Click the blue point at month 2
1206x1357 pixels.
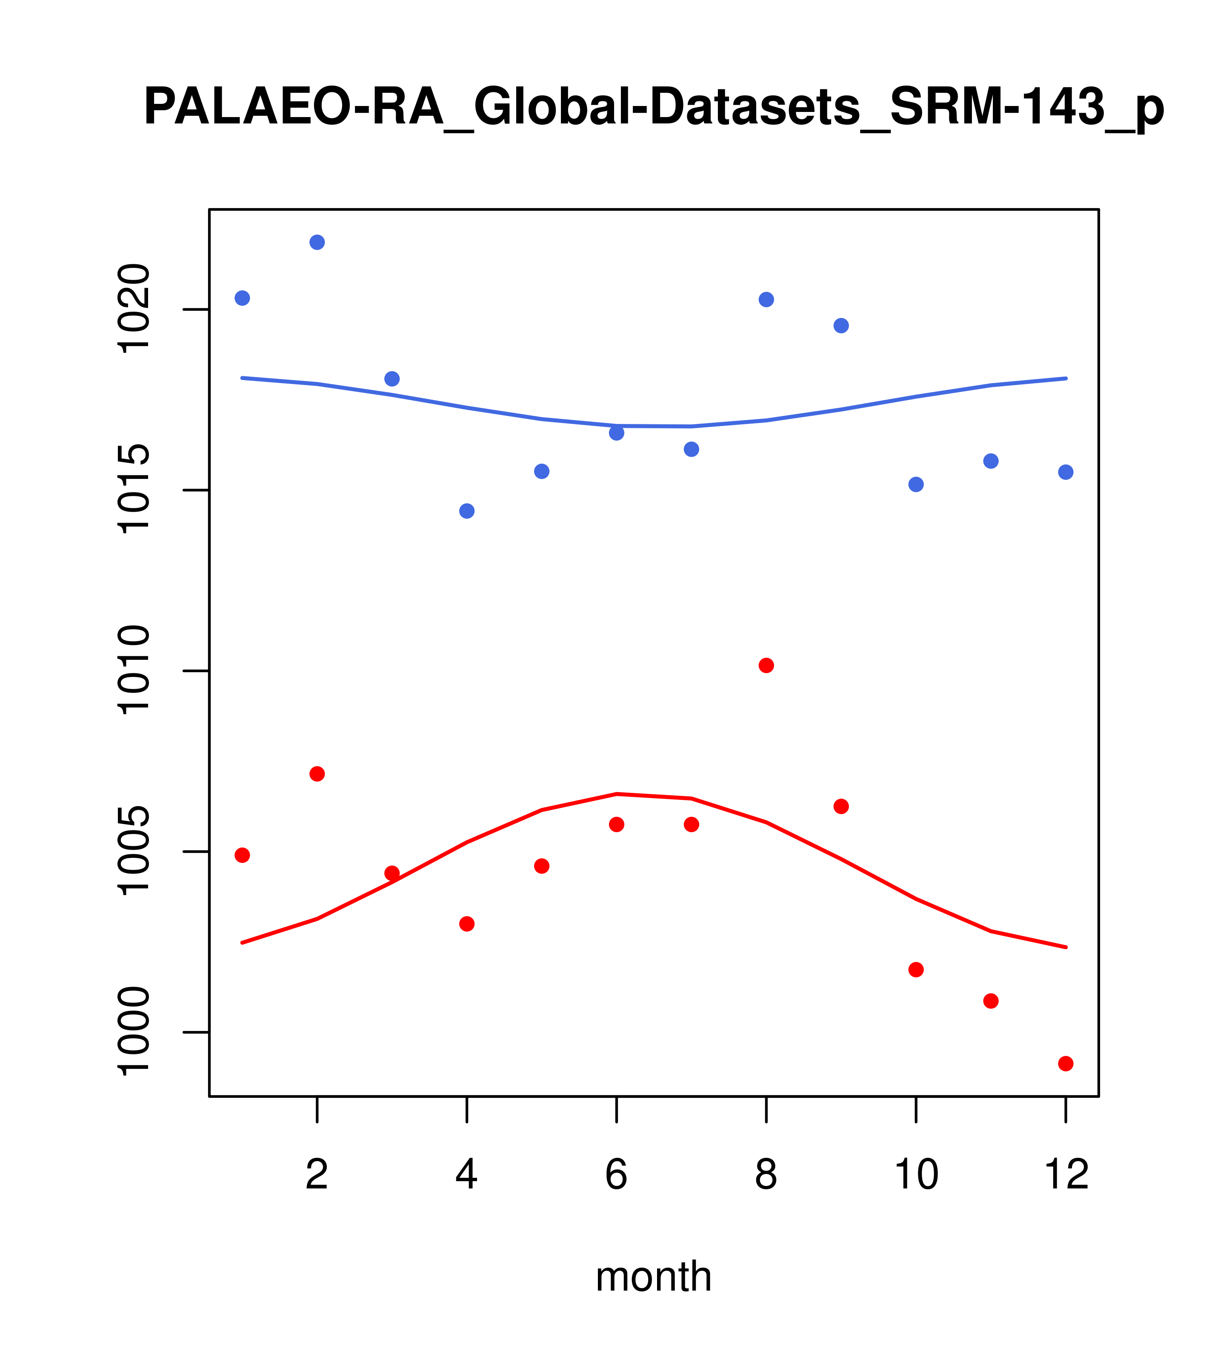pyautogui.click(x=317, y=242)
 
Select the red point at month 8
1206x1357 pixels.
pyautogui.click(x=766, y=666)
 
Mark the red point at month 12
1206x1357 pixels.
pyautogui.click(x=1066, y=1064)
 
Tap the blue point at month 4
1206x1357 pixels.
pyautogui.click(x=467, y=511)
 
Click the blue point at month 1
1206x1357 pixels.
pyautogui.click(x=242, y=298)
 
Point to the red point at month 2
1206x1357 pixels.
pyautogui.click(x=317, y=774)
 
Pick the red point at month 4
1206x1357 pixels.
pyautogui.click(x=467, y=924)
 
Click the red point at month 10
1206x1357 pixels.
pyautogui.click(x=916, y=970)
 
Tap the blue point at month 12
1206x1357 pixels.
pyautogui.click(x=1066, y=472)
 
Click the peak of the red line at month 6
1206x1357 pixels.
pyautogui.click(x=617, y=794)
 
